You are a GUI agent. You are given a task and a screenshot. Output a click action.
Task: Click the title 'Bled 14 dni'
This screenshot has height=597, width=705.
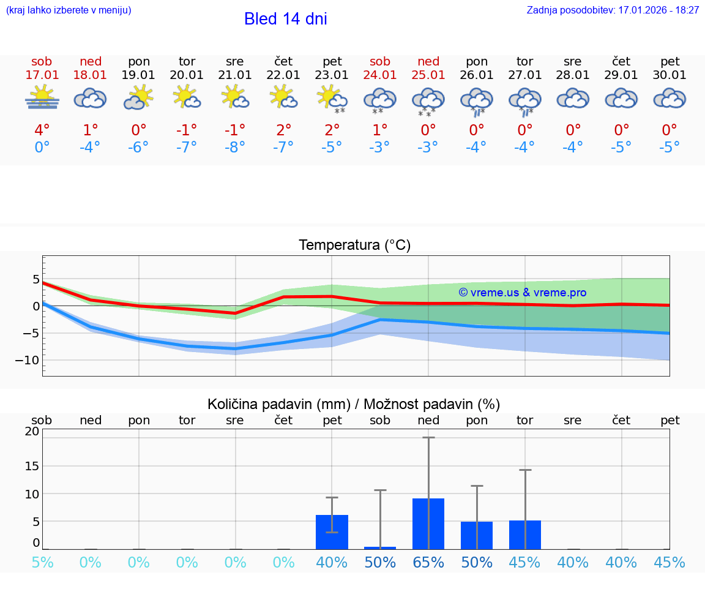(285, 19)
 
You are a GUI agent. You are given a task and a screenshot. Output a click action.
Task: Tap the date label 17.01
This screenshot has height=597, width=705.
(42, 75)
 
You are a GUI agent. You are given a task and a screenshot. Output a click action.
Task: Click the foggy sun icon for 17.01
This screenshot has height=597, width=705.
(42, 97)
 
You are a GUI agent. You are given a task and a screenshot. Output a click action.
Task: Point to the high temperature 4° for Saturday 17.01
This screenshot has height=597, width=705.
(42, 130)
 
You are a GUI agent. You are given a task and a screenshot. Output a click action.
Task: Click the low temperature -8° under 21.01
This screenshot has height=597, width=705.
(235, 148)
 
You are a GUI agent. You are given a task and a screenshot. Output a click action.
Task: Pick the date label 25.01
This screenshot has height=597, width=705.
(428, 75)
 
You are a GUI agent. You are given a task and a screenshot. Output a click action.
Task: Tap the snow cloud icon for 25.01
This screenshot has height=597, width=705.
(428, 101)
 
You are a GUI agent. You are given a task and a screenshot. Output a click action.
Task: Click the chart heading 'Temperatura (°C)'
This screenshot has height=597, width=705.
(354, 246)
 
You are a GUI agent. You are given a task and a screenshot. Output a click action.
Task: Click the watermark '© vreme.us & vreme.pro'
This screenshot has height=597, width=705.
(522, 293)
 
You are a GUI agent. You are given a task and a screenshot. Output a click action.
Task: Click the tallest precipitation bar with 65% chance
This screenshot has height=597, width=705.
(428, 524)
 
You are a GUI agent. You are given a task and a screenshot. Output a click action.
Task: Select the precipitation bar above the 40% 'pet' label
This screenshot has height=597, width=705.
(332, 532)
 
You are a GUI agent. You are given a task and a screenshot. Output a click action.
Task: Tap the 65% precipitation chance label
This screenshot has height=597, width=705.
(428, 563)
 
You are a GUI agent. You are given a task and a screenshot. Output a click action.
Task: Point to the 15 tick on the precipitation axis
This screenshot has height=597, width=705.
(32, 466)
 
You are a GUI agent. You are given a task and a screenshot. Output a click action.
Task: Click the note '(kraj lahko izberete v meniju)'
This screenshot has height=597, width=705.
(69, 10)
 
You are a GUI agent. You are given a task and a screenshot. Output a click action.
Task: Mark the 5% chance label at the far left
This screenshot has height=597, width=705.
(42, 563)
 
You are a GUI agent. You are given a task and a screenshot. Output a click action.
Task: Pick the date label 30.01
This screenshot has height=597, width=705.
(670, 75)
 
